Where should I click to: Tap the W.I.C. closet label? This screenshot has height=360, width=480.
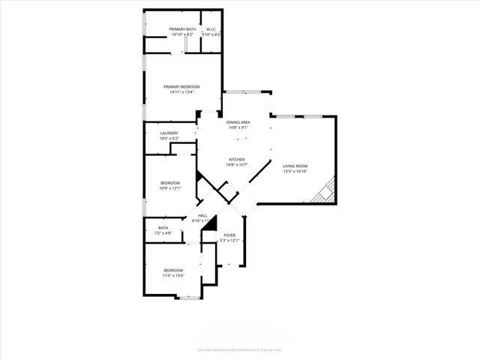(x=211, y=29)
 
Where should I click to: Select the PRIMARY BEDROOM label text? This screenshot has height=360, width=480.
(x=181, y=87)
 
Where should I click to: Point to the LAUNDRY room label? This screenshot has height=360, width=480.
(x=169, y=133)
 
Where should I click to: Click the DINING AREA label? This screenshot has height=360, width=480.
(x=238, y=122)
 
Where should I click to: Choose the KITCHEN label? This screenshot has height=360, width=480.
(x=237, y=159)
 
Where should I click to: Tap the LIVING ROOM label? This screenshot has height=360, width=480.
(x=295, y=166)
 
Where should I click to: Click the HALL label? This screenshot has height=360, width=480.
(x=202, y=215)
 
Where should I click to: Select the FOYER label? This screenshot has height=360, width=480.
(x=229, y=235)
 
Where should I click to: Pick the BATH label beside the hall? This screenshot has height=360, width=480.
(x=163, y=228)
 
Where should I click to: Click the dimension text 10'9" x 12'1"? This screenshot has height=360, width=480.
(x=170, y=188)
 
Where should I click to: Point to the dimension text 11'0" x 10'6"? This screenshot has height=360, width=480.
(x=173, y=275)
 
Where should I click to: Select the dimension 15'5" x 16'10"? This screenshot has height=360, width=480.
(x=295, y=171)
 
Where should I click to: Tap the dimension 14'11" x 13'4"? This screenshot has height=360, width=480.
(x=181, y=92)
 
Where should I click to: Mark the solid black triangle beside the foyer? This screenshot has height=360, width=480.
(x=211, y=223)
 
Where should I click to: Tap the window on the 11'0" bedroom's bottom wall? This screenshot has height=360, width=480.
(x=189, y=298)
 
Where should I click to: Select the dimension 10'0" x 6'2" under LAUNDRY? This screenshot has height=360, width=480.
(x=169, y=139)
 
